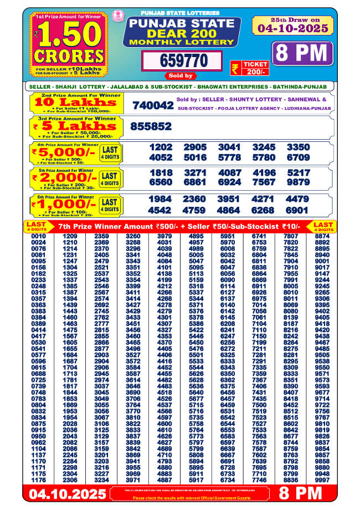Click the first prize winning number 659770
(x=180, y=60)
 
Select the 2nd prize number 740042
(x=153, y=105)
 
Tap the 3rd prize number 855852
(x=151, y=126)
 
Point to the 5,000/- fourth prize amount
(x=64, y=152)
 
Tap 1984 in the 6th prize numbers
(x=161, y=200)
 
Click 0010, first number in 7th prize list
(x=39, y=237)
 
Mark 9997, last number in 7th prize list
(x=322, y=480)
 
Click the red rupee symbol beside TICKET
(x=235, y=68)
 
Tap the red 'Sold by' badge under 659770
(x=180, y=75)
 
